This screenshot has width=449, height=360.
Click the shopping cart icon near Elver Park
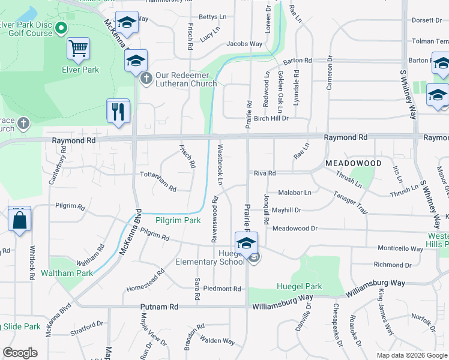79,48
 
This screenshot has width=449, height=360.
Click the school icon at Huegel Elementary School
245,244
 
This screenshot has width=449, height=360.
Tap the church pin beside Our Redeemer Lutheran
146,79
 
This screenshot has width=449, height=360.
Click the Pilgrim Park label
178,220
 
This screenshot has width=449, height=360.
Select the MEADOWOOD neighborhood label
354,163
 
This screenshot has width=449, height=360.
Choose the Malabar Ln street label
295,193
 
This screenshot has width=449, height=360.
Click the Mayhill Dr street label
286,211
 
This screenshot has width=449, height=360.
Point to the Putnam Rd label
159,307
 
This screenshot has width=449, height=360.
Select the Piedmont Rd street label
221,289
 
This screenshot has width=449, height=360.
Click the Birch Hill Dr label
271,118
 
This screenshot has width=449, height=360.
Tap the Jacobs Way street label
244,44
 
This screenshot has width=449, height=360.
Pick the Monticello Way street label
400,248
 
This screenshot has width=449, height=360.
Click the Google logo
20,352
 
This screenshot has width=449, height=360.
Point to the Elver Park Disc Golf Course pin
61,28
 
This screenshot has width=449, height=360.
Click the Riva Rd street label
264,173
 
